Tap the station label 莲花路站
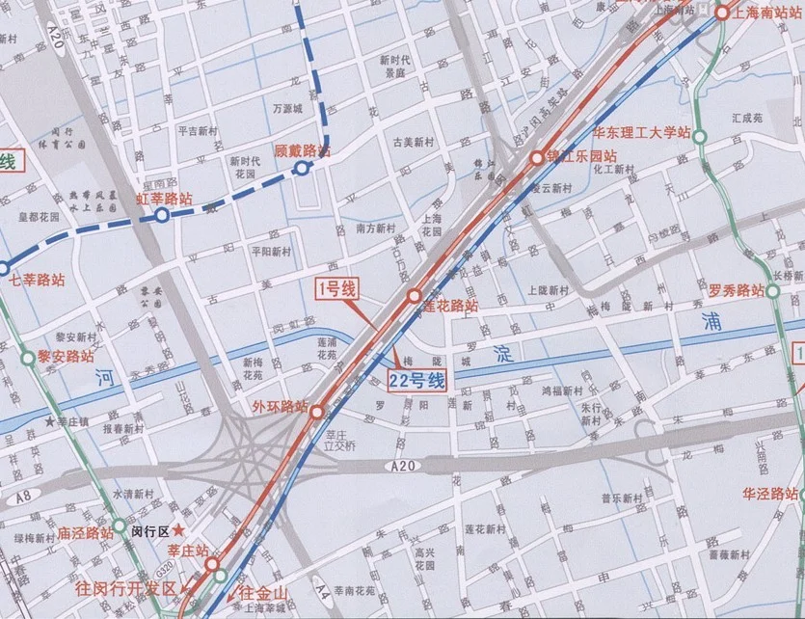click(x=450, y=307)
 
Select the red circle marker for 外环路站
click(x=317, y=412)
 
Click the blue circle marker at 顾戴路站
click(x=302, y=169)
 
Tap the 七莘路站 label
click(x=36, y=282)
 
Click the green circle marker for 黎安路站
click(x=27, y=360)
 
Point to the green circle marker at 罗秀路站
click(x=773, y=289)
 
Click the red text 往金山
click(x=261, y=591)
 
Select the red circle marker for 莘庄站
click(x=211, y=565)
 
